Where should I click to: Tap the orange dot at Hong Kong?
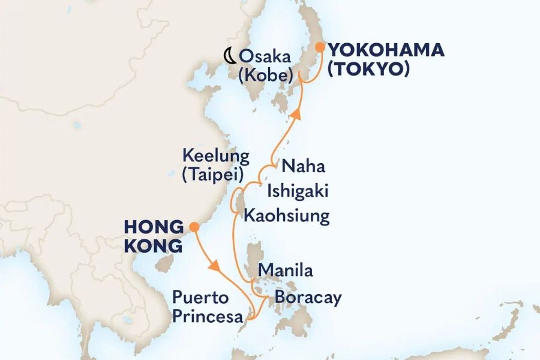(x=194, y=227)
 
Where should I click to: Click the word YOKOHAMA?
(x=386, y=51)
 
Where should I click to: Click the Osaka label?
(x=265, y=58)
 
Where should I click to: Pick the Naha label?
(x=304, y=166)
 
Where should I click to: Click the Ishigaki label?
(x=298, y=191)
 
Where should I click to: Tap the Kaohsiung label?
(x=287, y=216)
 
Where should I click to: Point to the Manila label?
(x=285, y=271)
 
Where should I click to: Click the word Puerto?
(x=200, y=297)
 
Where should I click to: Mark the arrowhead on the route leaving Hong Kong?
(x=213, y=264)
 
